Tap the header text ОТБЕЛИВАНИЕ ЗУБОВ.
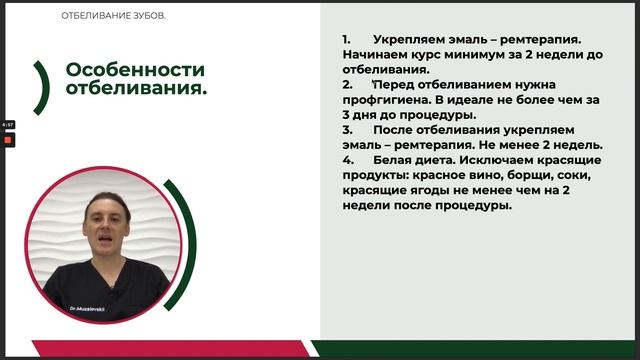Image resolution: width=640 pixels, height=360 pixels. point(114,16)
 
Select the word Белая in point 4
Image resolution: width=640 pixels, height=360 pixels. point(399,160)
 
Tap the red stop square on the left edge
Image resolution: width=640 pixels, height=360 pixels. point(8,140)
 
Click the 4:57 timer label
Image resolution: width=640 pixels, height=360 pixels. point(7,125)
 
